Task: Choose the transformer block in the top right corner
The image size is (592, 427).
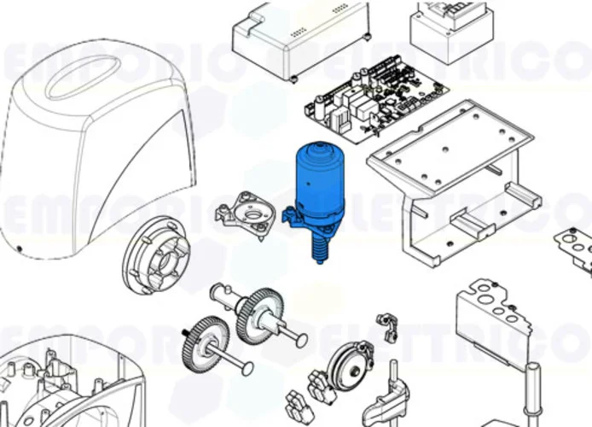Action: point(452,30)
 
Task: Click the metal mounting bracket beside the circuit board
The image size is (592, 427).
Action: point(452,179)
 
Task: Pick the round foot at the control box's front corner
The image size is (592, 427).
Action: point(293,80)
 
